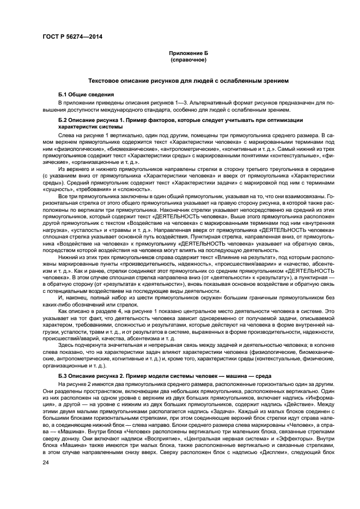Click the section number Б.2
pos(64,119)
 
